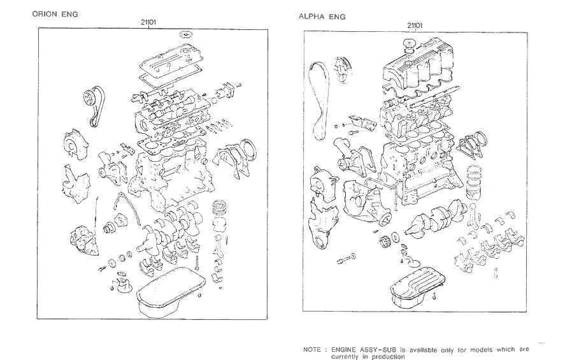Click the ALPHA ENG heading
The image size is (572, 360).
pyautogui.click(x=322, y=17)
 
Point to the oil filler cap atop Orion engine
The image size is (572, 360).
pyautogui.click(x=186, y=34)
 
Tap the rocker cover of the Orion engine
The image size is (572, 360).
pyautogui.click(x=165, y=67)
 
